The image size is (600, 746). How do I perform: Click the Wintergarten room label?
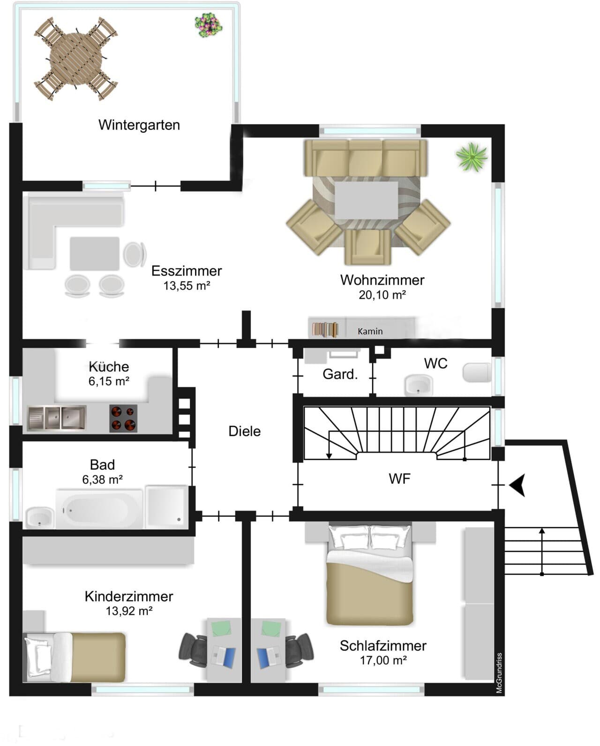click(139, 125)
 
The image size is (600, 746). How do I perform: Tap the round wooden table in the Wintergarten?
click(76, 59)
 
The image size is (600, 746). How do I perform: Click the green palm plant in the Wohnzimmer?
click(472, 157)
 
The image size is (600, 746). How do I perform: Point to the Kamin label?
click(370, 332)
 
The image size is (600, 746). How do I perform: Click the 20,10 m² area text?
click(382, 295)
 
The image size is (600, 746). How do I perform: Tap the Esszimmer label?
click(187, 271)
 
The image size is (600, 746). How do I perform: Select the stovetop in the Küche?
click(123, 418)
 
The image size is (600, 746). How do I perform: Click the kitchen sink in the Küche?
click(57, 418)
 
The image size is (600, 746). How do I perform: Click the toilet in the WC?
click(477, 372)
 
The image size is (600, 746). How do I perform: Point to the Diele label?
click(244, 432)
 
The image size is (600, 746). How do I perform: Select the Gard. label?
click(340, 374)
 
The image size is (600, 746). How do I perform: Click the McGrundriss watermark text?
click(499, 673)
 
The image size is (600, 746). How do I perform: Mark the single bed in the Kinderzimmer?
click(74, 657)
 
